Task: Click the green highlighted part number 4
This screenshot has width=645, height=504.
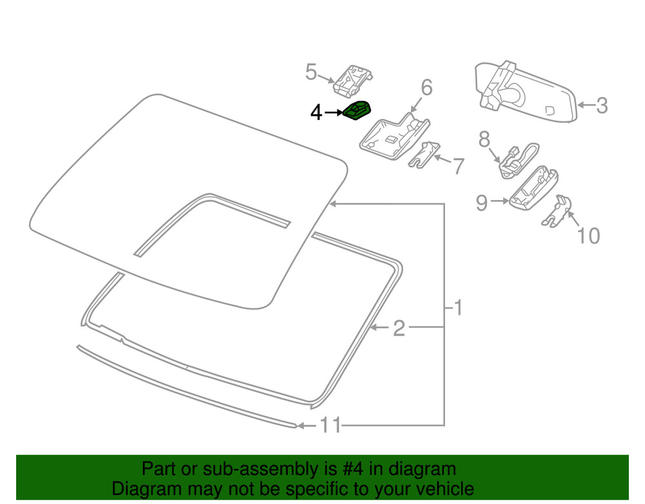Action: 357,111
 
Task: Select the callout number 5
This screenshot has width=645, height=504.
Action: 312,72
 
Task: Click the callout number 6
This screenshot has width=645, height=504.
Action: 426,87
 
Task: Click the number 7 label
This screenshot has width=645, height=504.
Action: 457,166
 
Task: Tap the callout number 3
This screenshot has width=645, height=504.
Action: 601,105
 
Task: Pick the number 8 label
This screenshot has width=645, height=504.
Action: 484,139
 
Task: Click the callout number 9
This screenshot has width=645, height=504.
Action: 482,203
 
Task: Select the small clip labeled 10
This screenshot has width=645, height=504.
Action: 557,211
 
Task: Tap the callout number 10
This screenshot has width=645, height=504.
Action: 588,236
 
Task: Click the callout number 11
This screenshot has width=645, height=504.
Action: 330,426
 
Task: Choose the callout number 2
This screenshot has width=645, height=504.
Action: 399,329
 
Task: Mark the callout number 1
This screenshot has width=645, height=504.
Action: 457,308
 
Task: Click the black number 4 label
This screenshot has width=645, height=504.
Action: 315,113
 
